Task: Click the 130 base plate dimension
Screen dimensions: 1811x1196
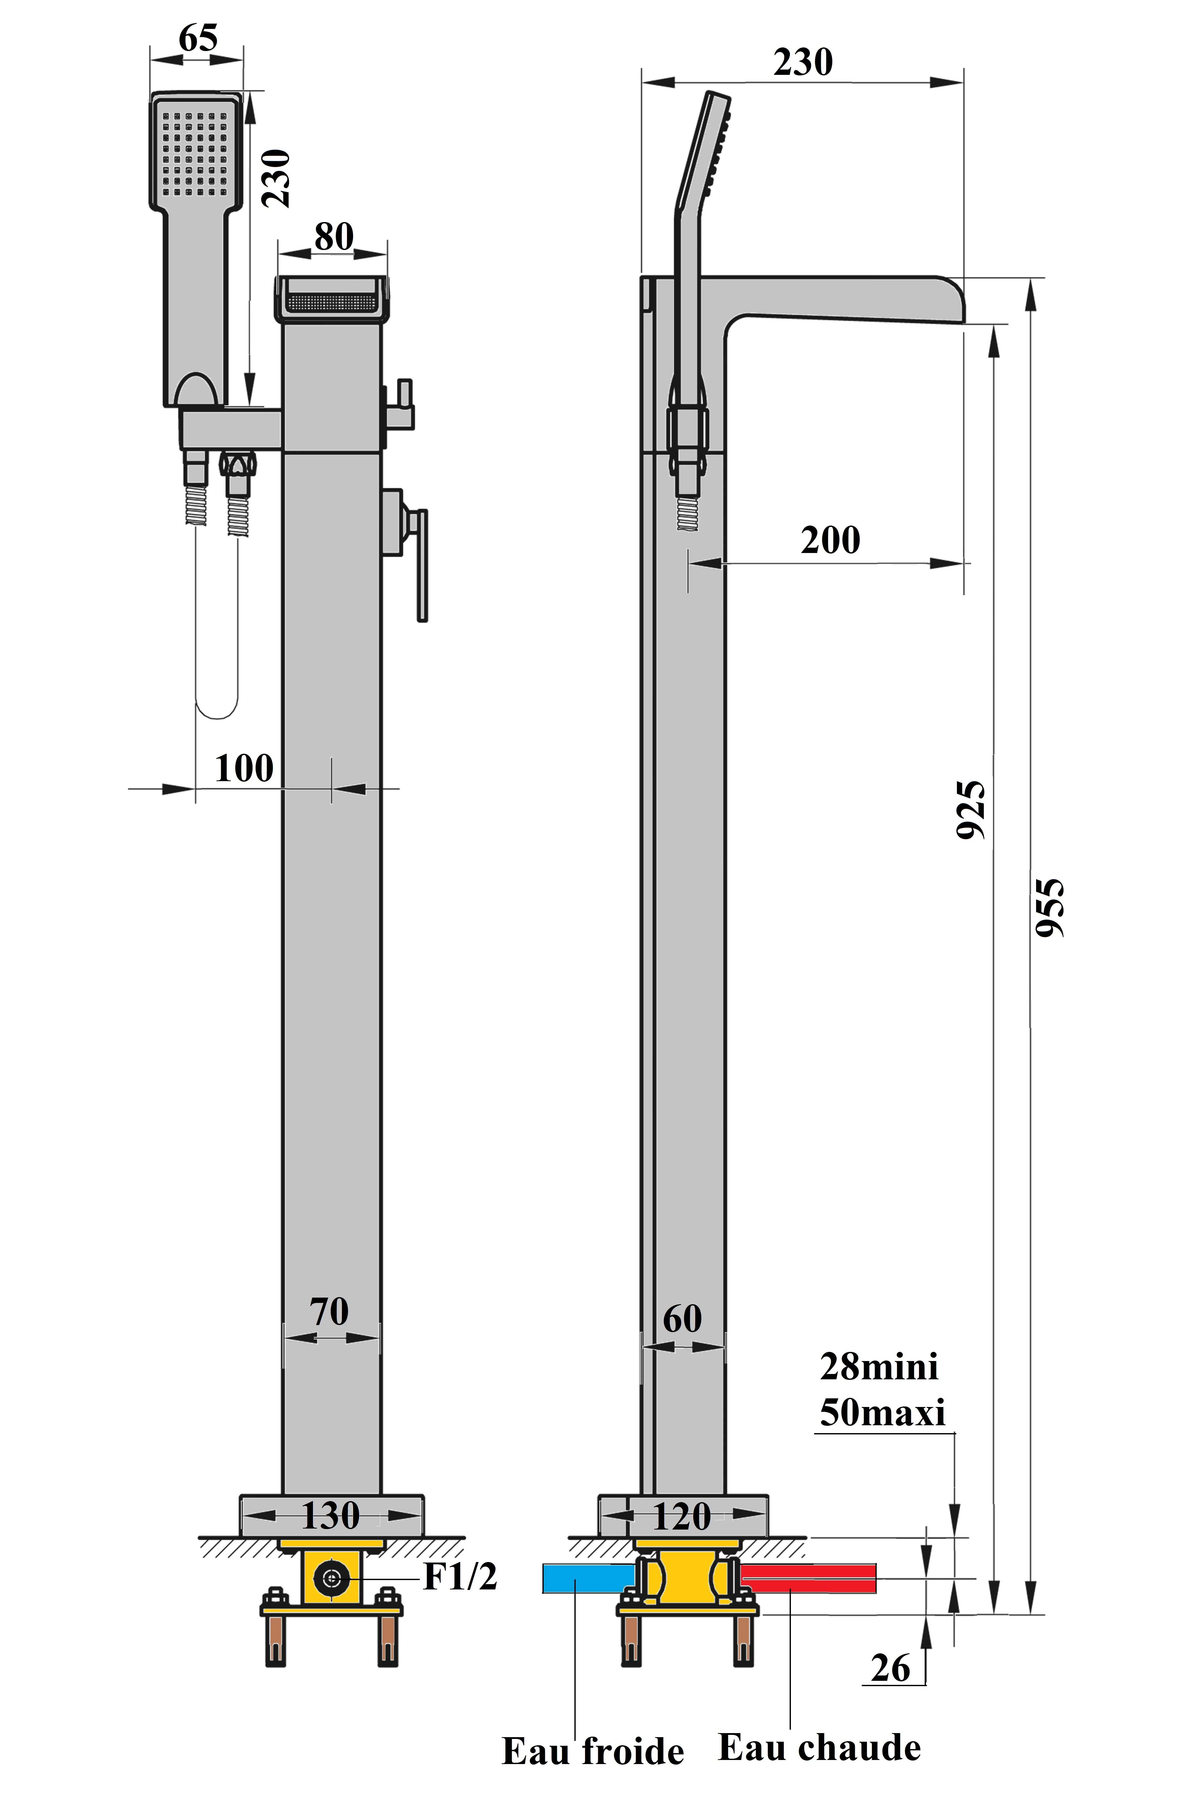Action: [330, 1516]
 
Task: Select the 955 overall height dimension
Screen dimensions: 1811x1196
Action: [1050, 908]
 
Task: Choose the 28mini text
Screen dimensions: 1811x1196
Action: [879, 1367]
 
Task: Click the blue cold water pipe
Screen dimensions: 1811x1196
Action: [587, 1579]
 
